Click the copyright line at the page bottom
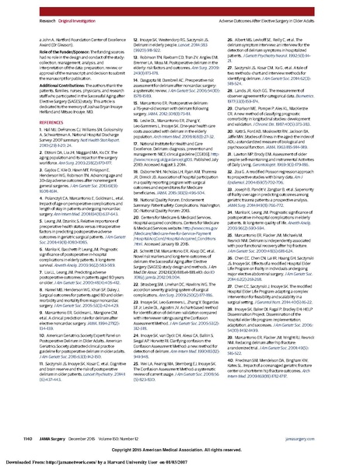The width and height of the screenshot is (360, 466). point(180,449)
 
